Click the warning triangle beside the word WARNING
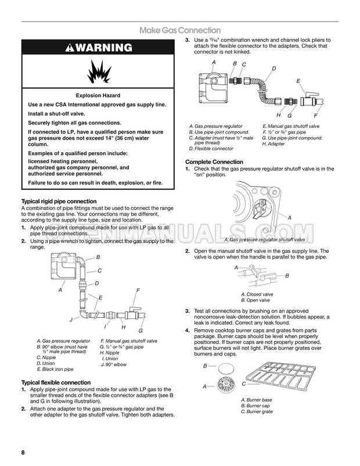(x=70, y=48)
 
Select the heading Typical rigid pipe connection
(x=58, y=201)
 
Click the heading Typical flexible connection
(x=56, y=382)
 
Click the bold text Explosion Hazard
(x=98, y=95)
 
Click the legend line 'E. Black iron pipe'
(x=55, y=369)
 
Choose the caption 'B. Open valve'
(x=255, y=300)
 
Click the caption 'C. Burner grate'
(x=257, y=411)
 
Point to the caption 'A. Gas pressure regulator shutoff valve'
(x=264, y=239)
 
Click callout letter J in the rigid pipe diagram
(x=70, y=320)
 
